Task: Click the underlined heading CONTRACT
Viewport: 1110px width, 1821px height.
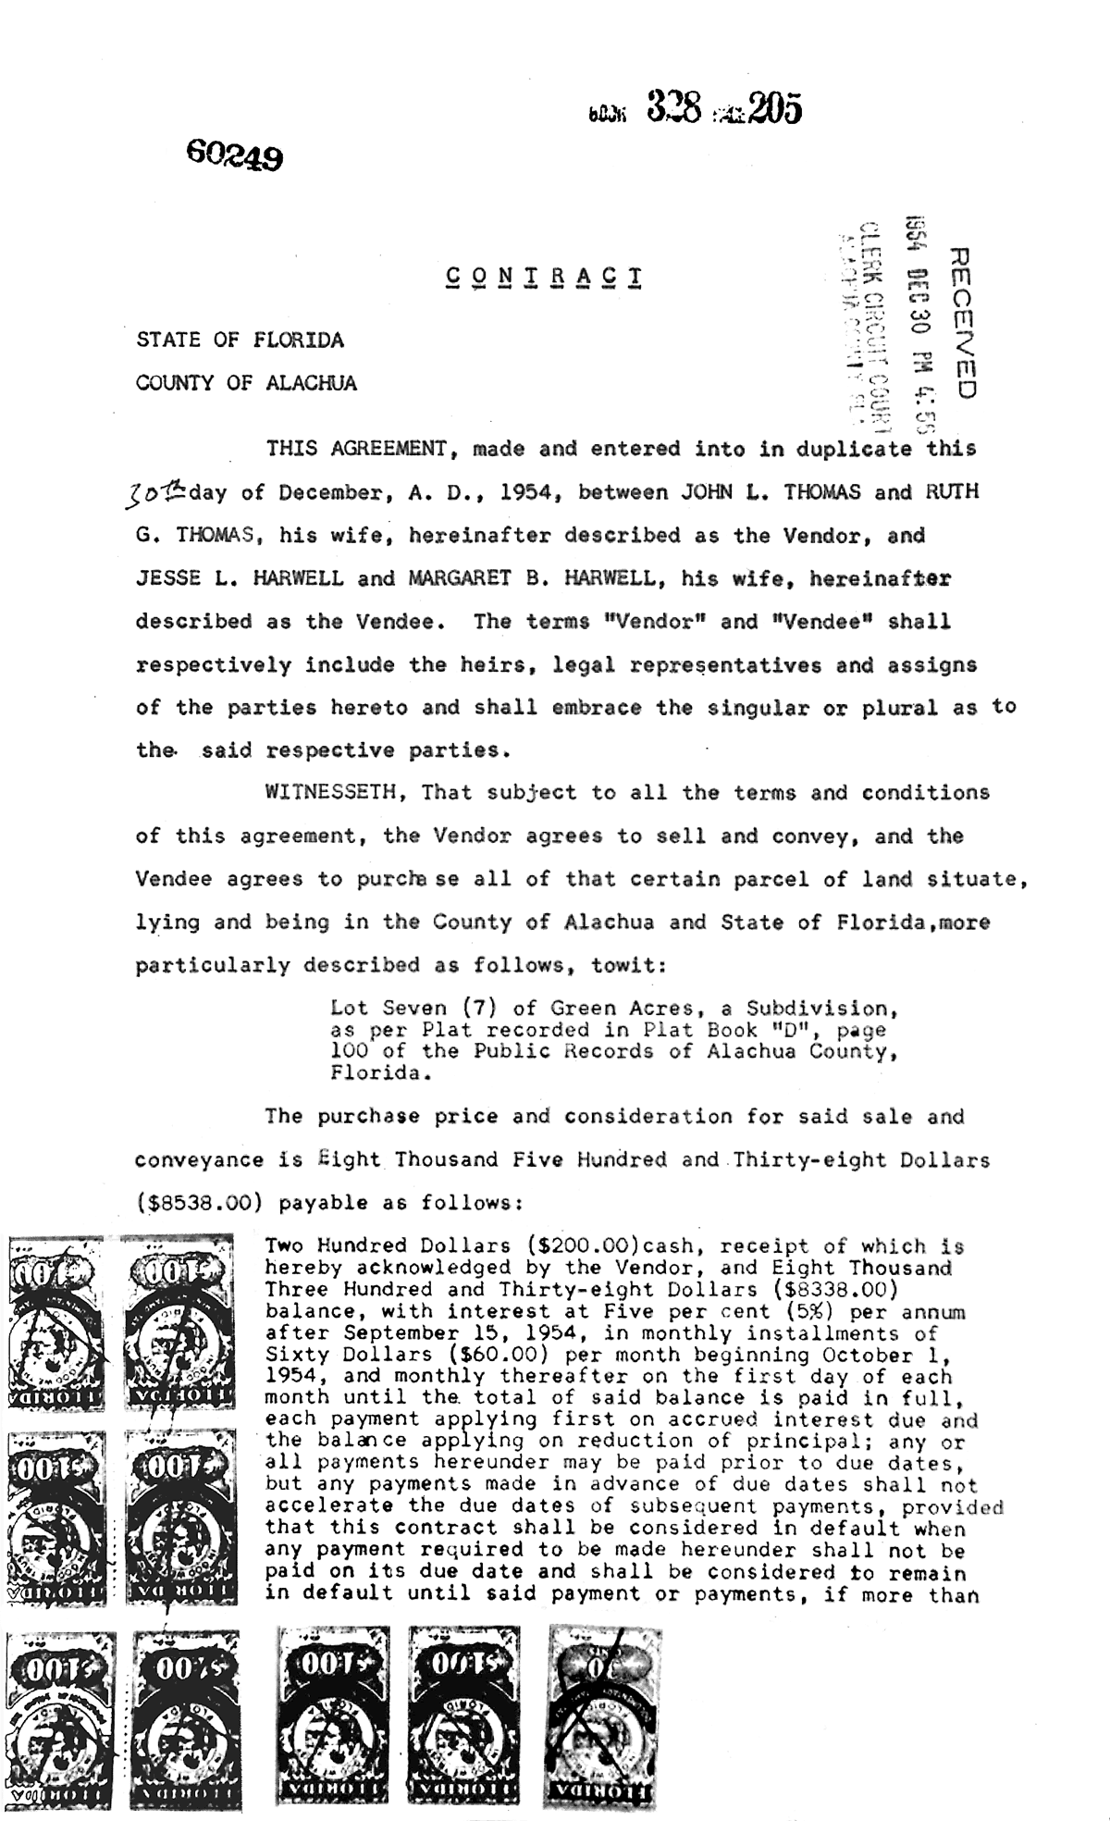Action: [x=543, y=277]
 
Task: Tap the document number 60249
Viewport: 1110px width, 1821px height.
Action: [x=234, y=155]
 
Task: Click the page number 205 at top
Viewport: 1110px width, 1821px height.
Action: [x=775, y=110]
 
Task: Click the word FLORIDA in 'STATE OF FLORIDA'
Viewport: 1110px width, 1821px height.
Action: [x=292, y=340]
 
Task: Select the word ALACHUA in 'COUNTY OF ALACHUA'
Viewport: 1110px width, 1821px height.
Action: [x=311, y=383]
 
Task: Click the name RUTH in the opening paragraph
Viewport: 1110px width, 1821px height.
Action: [x=952, y=491]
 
